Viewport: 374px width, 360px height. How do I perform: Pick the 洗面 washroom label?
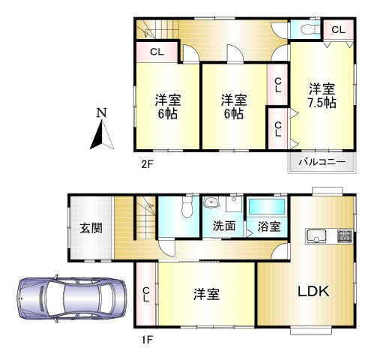point(223,225)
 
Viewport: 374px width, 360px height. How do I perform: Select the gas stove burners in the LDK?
point(346,235)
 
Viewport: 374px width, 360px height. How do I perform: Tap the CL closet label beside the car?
point(145,293)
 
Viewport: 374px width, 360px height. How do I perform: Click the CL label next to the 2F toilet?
point(338,29)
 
